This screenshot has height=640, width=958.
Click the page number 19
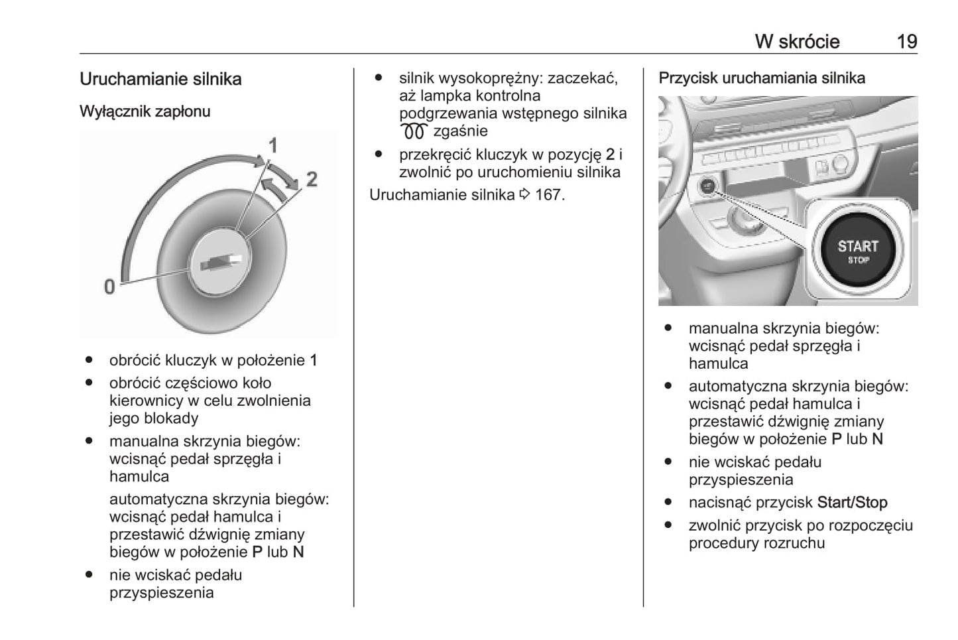point(906,42)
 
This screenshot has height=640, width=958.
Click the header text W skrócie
point(797,42)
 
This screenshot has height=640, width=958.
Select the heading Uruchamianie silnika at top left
point(160,79)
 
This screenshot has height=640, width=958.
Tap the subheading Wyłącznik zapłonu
point(145,111)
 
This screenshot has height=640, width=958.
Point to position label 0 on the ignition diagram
point(109,287)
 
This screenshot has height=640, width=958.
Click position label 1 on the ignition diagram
point(272,145)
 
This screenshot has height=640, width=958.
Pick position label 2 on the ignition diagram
point(311,179)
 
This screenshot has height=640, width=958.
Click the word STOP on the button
point(858,260)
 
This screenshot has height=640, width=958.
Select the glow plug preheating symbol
point(414,132)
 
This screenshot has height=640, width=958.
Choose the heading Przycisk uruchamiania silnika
point(762,78)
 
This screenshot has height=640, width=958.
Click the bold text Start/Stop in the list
point(852,503)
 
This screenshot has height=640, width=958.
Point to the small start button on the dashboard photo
point(708,187)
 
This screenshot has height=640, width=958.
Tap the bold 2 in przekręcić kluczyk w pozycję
point(610,155)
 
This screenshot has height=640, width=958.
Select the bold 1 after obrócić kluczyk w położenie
point(314,361)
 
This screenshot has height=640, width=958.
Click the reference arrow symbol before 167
point(525,195)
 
